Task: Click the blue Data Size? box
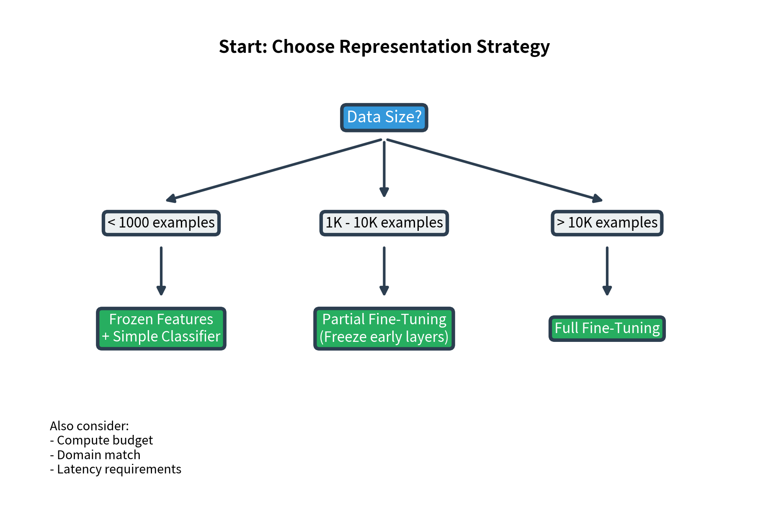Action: pyautogui.click(x=384, y=117)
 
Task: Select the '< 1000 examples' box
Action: pyautogui.click(x=161, y=223)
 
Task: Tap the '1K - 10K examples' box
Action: pyautogui.click(x=384, y=223)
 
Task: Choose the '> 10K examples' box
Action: pyautogui.click(x=607, y=223)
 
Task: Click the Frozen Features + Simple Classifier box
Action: pyautogui.click(x=161, y=328)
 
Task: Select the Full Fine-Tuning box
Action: pyautogui.click(x=607, y=328)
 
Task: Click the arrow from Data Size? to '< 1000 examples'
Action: pyautogui.click(x=274, y=170)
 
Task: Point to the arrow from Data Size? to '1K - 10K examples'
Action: pyautogui.click(x=384, y=168)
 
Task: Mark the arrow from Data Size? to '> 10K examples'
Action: pyautogui.click(x=494, y=170)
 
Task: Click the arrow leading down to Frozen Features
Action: pyautogui.click(x=161, y=270)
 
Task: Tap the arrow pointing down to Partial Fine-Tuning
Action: pyautogui.click(x=384, y=270)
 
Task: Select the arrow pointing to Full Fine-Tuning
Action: pyautogui.click(x=607, y=270)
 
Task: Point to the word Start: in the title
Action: pyautogui.click(x=243, y=47)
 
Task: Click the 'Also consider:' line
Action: pyautogui.click(x=89, y=426)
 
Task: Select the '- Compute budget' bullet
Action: pyautogui.click(x=101, y=440)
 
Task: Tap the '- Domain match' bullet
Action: pyautogui.click(x=95, y=455)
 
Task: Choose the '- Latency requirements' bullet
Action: pyautogui.click(x=116, y=469)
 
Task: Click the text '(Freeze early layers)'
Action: pyautogui.click(x=384, y=337)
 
